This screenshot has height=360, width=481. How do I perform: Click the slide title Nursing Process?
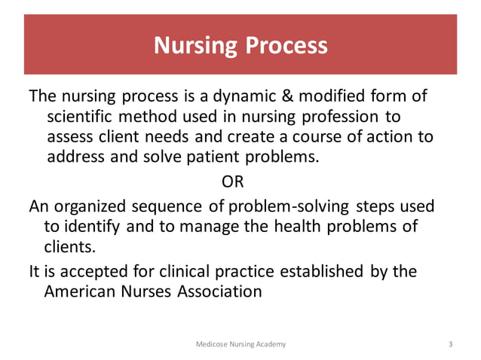(240, 46)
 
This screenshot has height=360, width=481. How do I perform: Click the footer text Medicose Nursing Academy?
(240, 344)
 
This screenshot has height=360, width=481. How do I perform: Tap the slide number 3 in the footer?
(449, 344)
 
